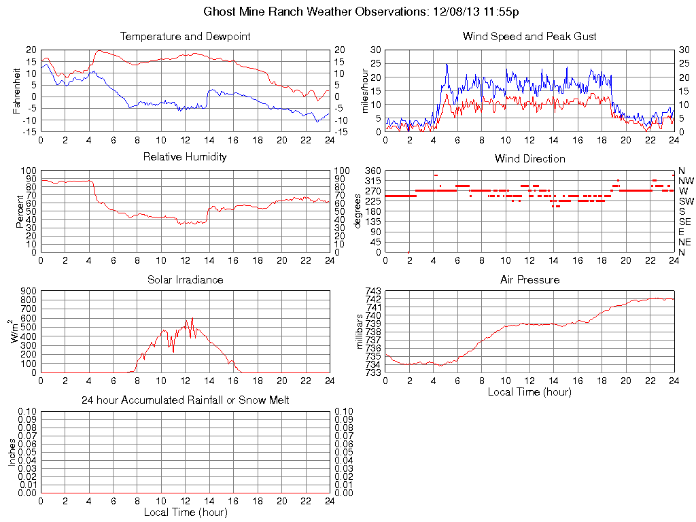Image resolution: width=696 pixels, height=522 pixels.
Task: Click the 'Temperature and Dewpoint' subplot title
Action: pyautogui.click(x=185, y=36)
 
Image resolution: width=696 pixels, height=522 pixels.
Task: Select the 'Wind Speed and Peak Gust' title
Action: pyautogui.click(x=529, y=36)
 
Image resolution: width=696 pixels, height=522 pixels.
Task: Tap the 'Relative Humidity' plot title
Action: pyautogui.click(x=185, y=157)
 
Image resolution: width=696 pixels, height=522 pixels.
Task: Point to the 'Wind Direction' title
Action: pyautogui.click(x=529, y=158)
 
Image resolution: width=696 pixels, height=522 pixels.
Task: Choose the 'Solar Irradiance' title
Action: pyautogui.click(x=185, y=279)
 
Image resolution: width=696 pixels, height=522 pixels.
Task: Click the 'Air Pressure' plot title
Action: pyautogui.click(x=529, y=279)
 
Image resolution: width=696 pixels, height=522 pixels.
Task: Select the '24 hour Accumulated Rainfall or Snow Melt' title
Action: pyautogui.click(x=185, y=400)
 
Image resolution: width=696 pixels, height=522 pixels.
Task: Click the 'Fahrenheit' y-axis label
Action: pyautogui.click(x=16, y=90)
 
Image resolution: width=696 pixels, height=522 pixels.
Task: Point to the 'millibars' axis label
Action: pyautogui.click(x=361, y=332)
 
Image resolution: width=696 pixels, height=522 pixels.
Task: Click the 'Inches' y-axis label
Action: pyautogui.click(x=12, y=452)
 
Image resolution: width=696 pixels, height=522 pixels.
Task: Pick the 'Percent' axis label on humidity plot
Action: pyautogui.click(x=20, y=211)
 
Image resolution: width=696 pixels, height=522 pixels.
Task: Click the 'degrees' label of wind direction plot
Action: pyautogui.click(x=358, y=211)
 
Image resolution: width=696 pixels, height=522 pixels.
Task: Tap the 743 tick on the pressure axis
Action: pyautogui.click(x=373, y=291)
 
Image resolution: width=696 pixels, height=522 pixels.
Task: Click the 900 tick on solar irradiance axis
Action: pyautogui.click(x=27, y=291)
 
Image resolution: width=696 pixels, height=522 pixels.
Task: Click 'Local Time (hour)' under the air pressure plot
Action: pyautogui.click(x=529, y=391)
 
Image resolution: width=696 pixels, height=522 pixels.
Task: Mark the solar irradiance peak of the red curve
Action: pyautogui.click(x=193, y=317)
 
